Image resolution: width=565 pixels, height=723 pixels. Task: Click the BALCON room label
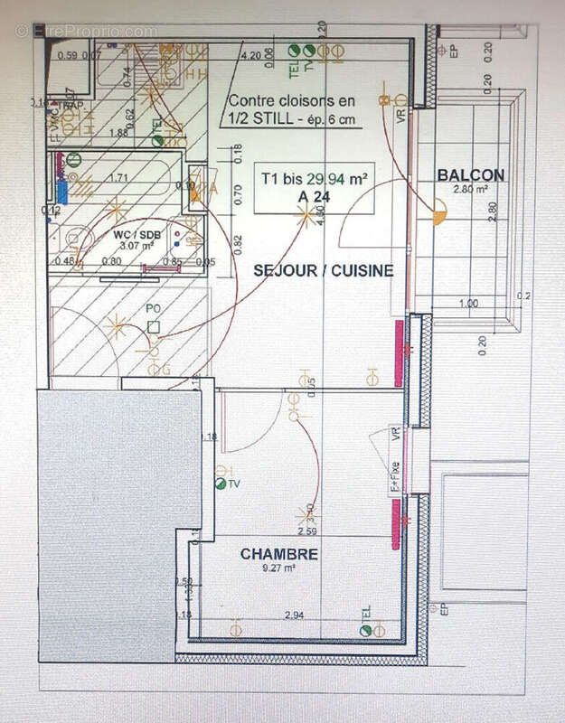[471, 175]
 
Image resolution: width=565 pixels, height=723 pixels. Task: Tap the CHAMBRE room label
[279, 554]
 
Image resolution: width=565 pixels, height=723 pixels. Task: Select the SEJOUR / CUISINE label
[323, 270]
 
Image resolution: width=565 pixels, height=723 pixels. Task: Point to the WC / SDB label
[134, 234]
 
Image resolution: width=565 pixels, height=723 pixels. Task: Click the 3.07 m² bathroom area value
[134, 245]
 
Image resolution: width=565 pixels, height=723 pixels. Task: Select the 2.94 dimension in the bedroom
[293, 615]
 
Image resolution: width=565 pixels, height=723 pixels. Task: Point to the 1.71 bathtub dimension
[118, 178]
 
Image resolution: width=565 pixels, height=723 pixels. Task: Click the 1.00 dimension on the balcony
[468, 304]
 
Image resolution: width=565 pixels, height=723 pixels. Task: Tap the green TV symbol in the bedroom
[221, 484]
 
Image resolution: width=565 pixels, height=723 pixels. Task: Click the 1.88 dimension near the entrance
[117, 132]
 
